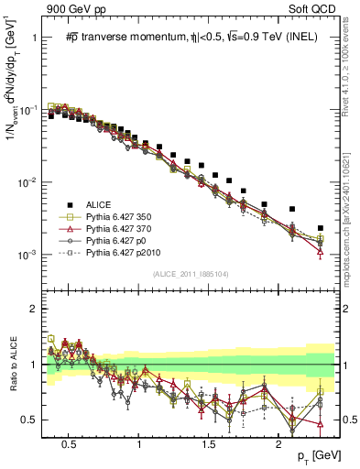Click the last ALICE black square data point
click(320, 228)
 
